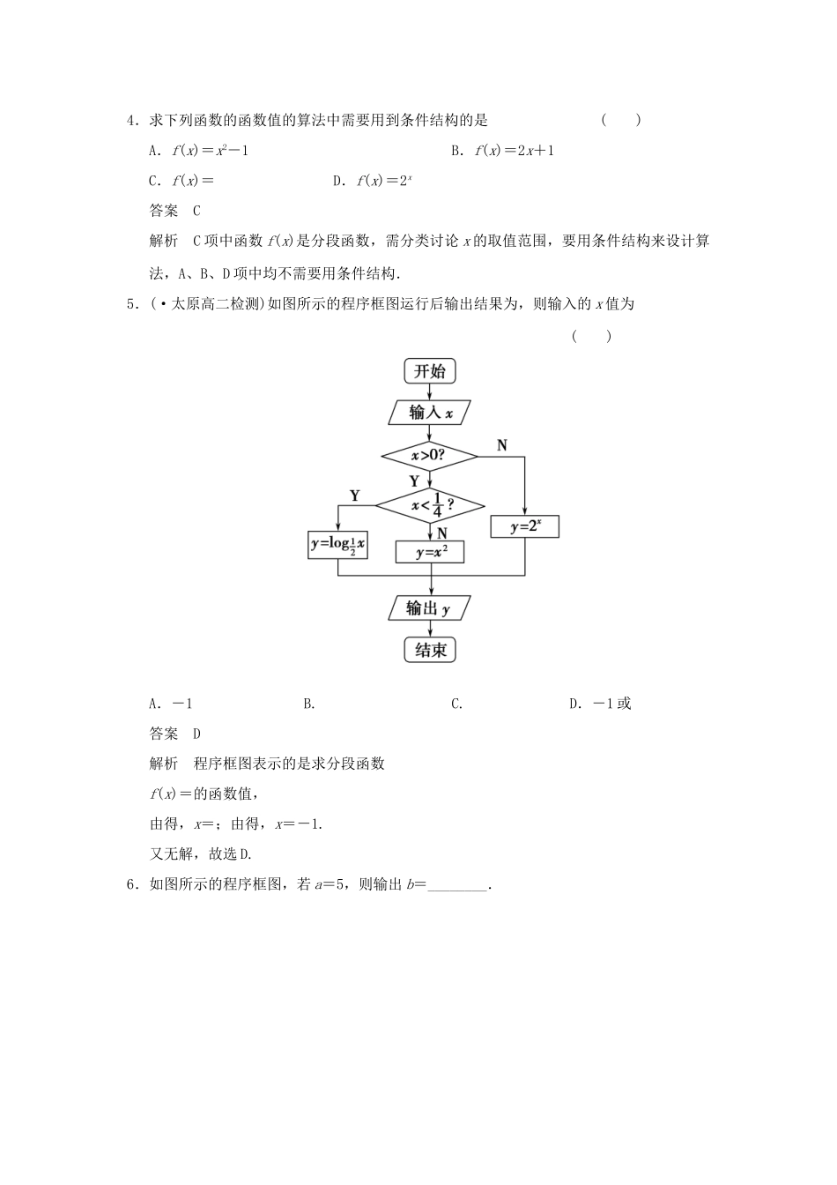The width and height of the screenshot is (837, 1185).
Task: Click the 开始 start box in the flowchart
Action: click(430, 371)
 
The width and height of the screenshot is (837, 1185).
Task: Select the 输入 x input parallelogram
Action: click(429, 413)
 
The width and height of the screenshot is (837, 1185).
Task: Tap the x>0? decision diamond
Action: click(429, 456)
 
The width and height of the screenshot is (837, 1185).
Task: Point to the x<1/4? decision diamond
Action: click(430, 506)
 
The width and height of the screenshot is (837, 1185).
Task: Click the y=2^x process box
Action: click(524, 527)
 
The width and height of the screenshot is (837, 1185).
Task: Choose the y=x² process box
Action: click(429, 553)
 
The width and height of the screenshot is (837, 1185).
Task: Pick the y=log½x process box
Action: click(338, 545)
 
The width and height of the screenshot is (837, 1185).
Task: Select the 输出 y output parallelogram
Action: click(429, 608)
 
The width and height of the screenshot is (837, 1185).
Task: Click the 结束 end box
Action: click(430, 651)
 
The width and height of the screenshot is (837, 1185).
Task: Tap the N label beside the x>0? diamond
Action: click(502, 445)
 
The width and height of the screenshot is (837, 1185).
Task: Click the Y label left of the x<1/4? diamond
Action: click(355, 496)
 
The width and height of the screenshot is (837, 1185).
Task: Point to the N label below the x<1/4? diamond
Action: click(442, 533)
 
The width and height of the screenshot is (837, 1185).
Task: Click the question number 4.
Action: click(131, 120)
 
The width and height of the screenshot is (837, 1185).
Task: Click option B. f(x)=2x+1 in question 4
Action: click(502, 151)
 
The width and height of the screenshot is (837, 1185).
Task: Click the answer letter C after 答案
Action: click(196, 211)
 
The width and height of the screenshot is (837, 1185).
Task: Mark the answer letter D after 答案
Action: click(196, 734)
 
